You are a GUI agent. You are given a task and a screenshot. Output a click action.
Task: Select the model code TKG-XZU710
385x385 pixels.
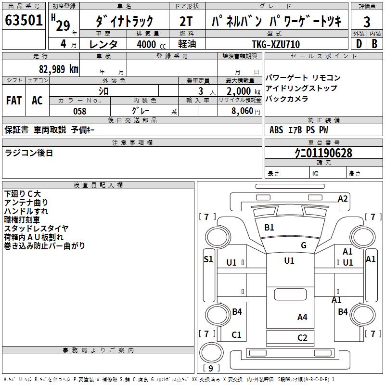tap(276, 44)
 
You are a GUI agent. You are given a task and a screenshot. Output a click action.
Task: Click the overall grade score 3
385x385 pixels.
tap(367, 22)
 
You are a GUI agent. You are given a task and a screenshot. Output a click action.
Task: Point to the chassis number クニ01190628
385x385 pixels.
tap(323, 153)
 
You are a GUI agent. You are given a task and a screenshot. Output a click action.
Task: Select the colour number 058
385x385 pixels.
tap(79, 111)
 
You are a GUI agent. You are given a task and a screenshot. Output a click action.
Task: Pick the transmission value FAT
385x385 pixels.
tap(14, 101)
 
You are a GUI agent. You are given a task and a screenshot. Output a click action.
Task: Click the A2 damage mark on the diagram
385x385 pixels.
tap(343, 198)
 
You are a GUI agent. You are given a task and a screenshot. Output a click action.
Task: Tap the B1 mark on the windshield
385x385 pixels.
tap(269, 227)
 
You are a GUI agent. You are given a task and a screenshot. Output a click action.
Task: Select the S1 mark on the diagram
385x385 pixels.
tap(208, 259)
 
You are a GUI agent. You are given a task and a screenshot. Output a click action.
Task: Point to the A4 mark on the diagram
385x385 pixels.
tap(302, 317)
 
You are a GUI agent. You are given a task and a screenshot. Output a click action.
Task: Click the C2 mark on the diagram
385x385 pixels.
tap(302, 337)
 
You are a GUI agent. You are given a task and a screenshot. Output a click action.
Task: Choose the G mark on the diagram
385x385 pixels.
tap(304, 245)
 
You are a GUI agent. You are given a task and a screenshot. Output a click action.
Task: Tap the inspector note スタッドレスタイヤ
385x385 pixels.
tap(37, 228)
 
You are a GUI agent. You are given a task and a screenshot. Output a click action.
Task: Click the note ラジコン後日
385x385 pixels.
tap(29, 153)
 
